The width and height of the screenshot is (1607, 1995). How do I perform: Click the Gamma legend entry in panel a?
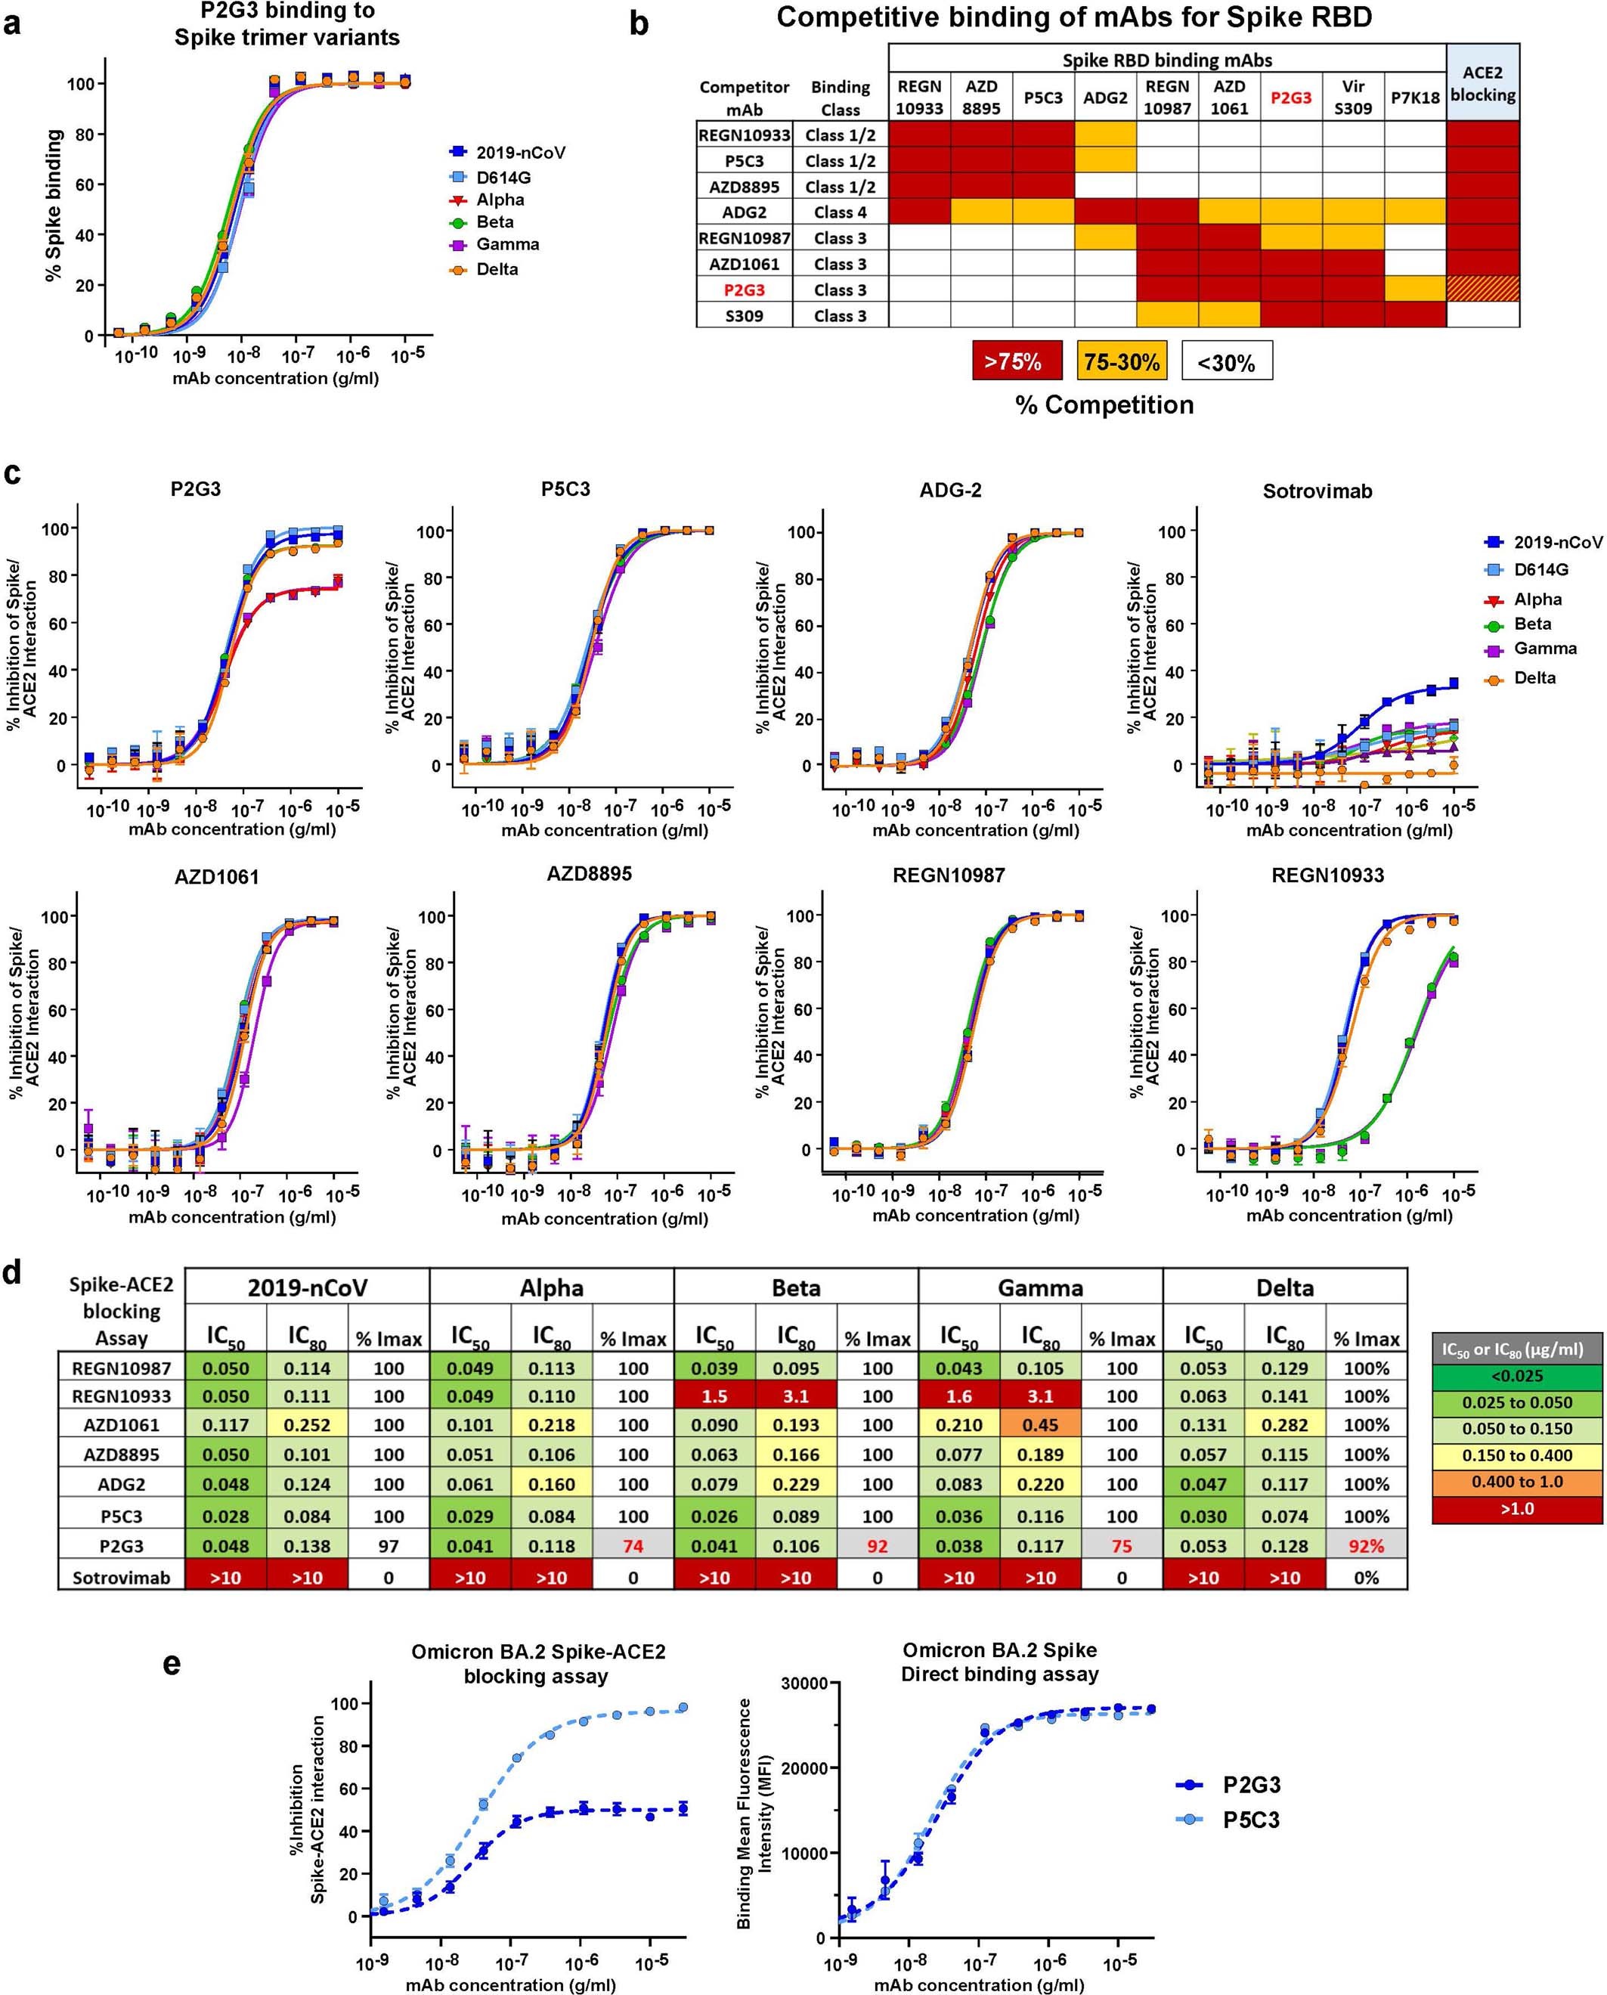coord(506,244)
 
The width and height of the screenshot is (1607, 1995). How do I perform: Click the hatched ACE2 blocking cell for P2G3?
coord(1482,289)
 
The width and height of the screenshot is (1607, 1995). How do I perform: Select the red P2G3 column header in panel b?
coord(1290,98)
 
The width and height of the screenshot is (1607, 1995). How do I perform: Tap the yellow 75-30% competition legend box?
coord(1121,361)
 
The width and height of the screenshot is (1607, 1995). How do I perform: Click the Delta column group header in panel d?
coord(1284,1287)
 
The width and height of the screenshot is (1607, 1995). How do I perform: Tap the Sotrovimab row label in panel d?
coord(121,1576)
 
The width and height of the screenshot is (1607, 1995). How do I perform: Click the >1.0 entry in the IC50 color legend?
coord(1516,1508)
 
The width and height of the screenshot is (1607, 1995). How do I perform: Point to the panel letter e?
coord(172,1664)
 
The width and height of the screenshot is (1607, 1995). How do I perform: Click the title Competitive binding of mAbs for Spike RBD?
coord(1075,17)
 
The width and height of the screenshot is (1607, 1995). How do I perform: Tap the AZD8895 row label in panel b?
coord(745,186)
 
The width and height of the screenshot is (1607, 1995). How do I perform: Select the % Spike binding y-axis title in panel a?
coord(54,206)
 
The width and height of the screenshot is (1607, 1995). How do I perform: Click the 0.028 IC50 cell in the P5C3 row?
coord(225,1516)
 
